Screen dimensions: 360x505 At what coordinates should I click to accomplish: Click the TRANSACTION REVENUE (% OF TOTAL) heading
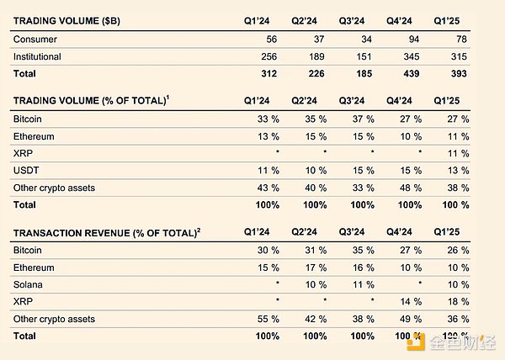tap(104, 231)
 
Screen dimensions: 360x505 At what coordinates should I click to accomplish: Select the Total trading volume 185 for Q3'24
tap(368, 72)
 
